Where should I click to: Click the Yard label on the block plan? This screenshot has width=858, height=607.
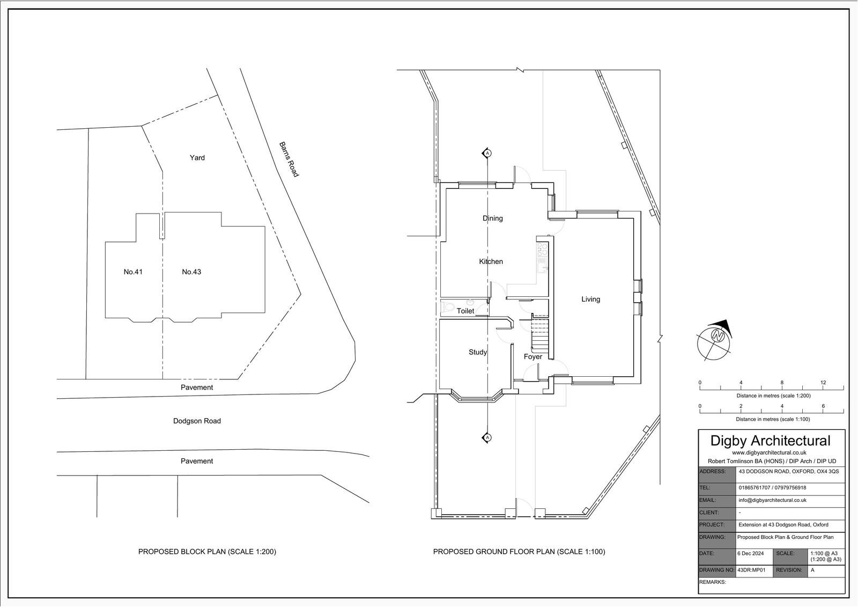(197, 158)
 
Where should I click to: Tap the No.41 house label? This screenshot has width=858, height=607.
(133, 272)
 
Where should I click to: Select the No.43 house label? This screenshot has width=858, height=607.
(191, 272)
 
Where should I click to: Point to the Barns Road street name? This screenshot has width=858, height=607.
(289, 159)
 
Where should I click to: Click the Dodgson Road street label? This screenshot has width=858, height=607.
(197, 421)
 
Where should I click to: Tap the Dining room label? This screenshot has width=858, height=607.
(493, 218)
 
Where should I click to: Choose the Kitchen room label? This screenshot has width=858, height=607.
(491, 261)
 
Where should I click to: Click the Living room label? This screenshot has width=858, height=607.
(590, 299)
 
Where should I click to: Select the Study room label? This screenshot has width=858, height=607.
(478, 352)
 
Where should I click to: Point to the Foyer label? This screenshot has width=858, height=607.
(533, 356)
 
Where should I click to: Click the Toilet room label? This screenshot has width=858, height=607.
(465, 311)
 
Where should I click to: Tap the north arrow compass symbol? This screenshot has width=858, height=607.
(714, 340)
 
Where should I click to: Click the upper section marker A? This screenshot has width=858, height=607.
(487, 153)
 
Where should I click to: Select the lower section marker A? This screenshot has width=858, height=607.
(487, 437)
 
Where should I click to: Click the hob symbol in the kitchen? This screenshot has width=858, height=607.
(542, 250)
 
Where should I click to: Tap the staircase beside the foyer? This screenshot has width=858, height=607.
(541, 336)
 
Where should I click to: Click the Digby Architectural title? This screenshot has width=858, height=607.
(770, 441)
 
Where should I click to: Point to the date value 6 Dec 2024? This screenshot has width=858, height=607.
(750, 553)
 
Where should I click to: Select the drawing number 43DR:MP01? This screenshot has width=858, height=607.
(751, 570)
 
